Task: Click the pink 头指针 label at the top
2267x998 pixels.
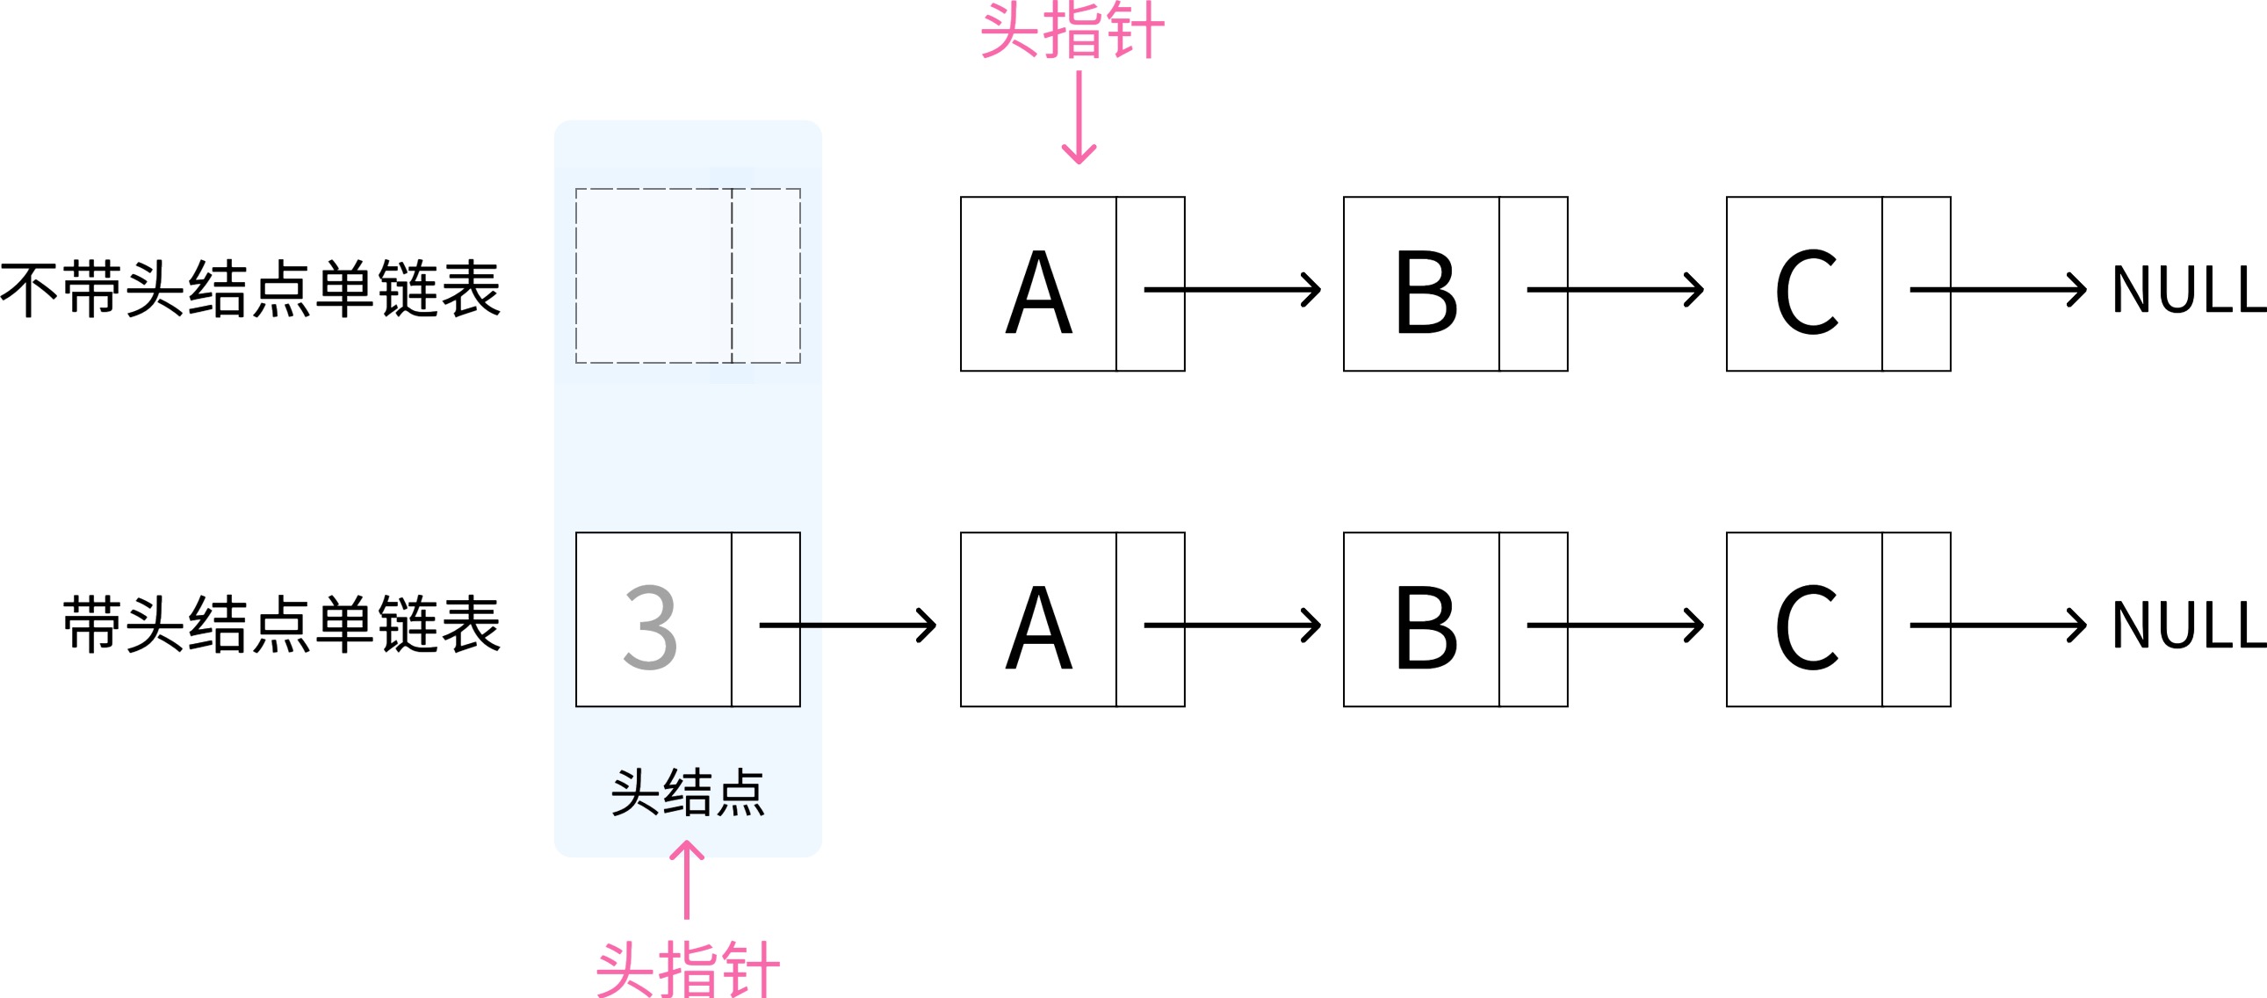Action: (1072, 32)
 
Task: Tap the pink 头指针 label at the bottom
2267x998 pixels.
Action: (688, 969)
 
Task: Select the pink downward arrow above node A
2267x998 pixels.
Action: (1079, 118)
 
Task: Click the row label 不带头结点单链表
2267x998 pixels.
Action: (251, 289)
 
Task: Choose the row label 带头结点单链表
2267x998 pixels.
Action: (282, 624)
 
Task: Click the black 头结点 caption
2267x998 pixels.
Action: (688, 792)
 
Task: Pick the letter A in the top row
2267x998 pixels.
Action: (1038, 292)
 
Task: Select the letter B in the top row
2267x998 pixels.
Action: (1426, 292)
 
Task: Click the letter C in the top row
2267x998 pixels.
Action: (1807, 292)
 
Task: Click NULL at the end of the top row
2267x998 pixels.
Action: (2188, 290)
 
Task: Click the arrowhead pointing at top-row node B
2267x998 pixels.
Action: (1313, 290)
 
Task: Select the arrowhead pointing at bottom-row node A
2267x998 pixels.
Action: (928, 625)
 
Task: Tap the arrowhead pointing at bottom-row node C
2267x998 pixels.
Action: (1696, 625)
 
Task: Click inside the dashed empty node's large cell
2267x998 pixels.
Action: (653, 275)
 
